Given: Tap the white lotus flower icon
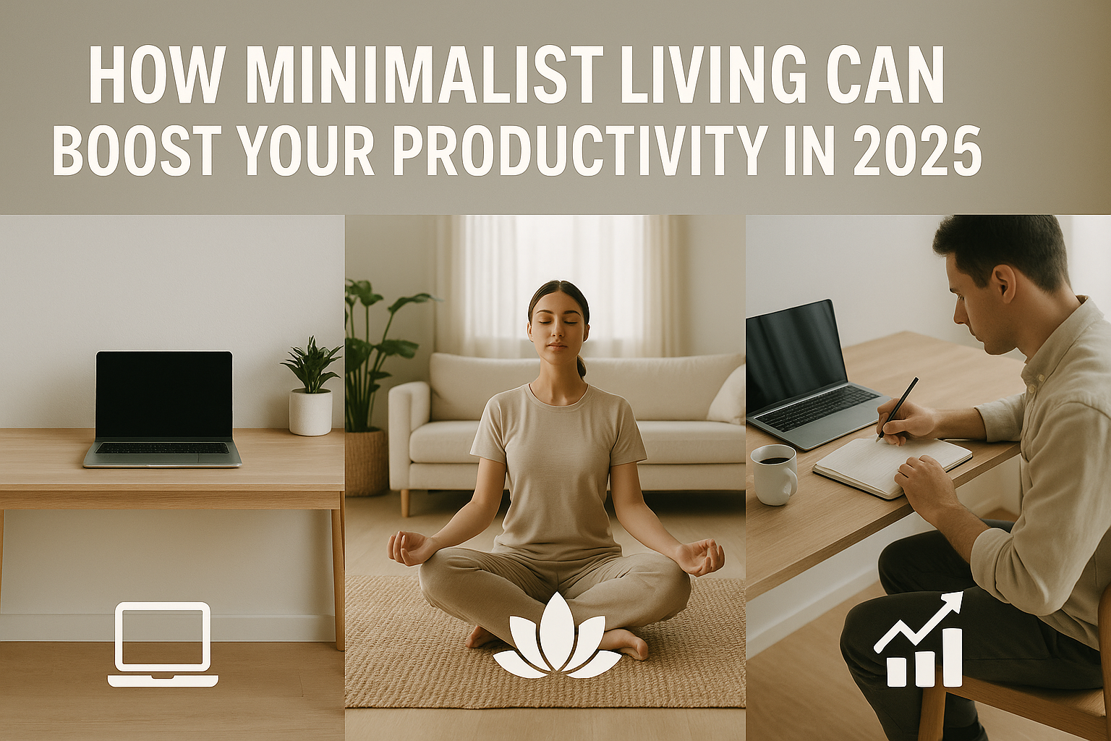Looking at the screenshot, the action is (557, 636).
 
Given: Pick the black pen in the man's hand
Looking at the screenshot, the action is (897, 408).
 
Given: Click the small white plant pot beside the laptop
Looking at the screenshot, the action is (310, 412).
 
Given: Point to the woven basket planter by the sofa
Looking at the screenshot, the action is (366, 462).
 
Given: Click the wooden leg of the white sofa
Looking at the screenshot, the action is (405, 502).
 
